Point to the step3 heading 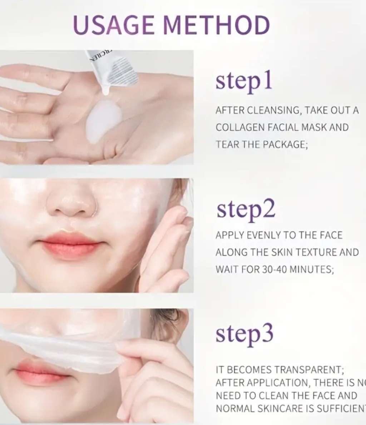click(x=244, y=333)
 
